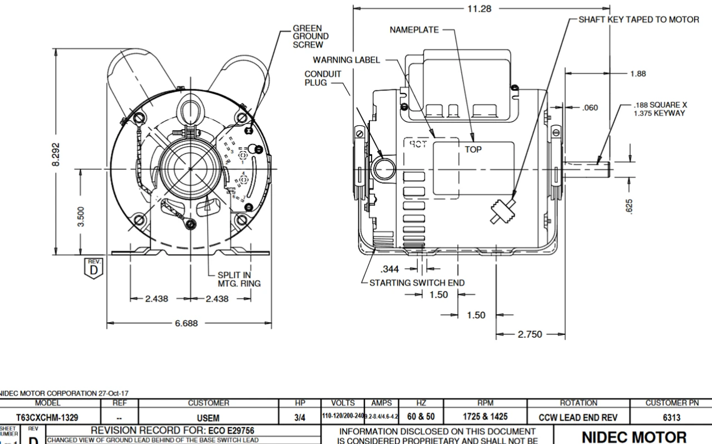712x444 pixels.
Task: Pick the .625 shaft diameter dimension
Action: click(x=630, y=206)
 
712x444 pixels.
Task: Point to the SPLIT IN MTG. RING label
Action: click(x=239, y=279)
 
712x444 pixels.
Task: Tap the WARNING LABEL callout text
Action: click(x=346, y=60)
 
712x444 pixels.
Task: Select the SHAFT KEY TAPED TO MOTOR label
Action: click(x=639, y=19)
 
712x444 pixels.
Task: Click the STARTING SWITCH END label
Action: click(x=417, y=282)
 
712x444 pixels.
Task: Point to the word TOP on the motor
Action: click(x=473, y=150)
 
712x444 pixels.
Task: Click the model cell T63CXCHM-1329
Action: click(x=47, y=416)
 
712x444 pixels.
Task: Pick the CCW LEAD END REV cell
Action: click(x=578, y=416)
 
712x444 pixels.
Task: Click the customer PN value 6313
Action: click(x=670, y=416)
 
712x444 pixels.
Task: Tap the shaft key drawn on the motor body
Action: click(x=502, y=212)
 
